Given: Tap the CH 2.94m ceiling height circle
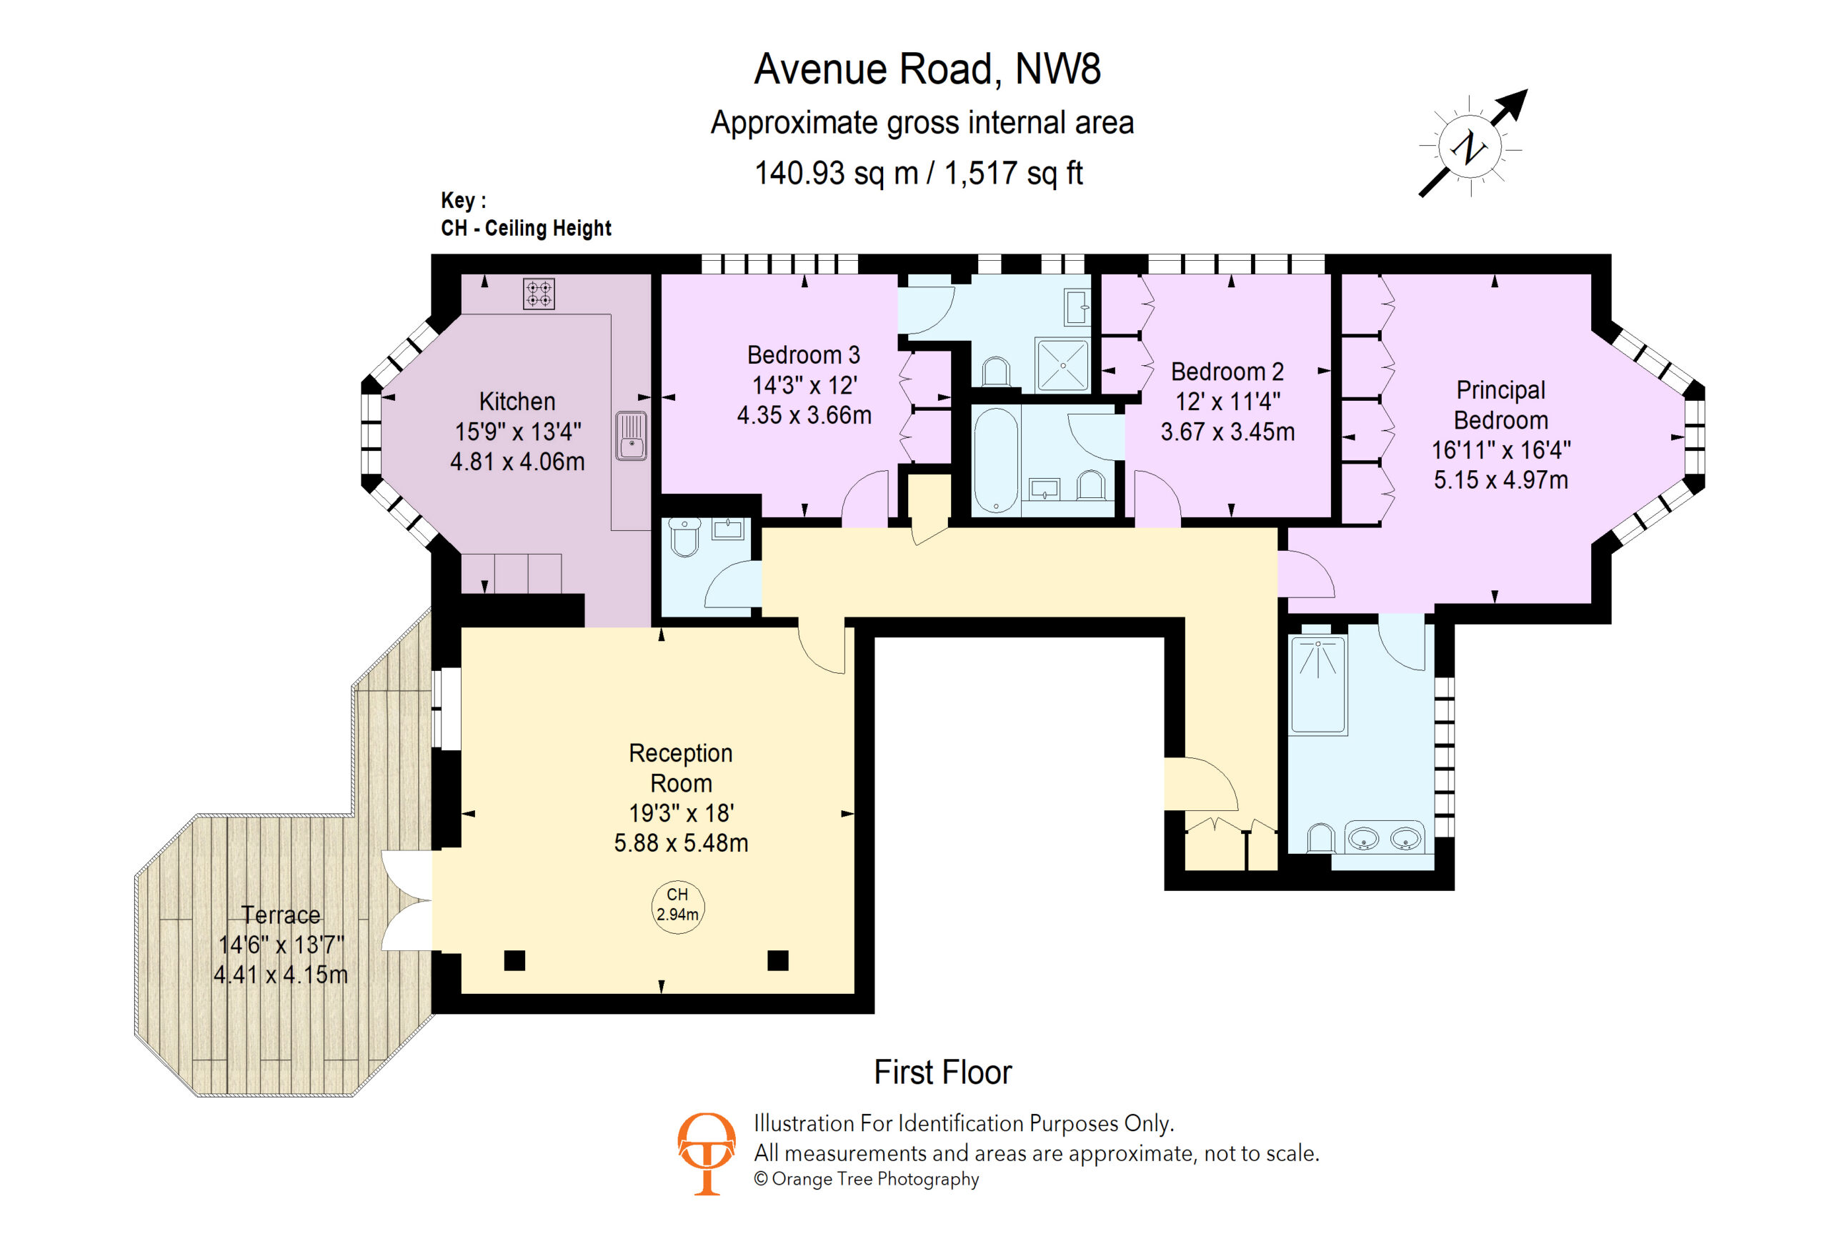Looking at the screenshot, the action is [677, 906].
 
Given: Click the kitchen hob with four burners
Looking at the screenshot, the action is [539, 294].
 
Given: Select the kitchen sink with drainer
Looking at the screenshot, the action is [630, 435].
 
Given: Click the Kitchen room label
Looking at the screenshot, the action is [517, 402].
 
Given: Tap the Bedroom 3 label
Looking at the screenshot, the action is [804, 355].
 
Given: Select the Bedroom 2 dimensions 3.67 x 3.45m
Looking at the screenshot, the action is [1227, 432].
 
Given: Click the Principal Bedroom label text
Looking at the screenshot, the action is [1501, 404].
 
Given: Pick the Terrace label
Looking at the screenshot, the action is [281, 915].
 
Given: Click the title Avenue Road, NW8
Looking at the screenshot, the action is [927, 69].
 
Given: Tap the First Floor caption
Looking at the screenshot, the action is [943, 1073].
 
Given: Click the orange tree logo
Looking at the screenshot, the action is [706, 1153].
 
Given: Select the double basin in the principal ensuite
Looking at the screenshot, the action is [1385, 838].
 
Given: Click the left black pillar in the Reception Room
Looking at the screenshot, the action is [514, 960].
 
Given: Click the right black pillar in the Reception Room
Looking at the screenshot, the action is [777, 960].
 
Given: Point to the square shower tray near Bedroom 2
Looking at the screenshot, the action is [1062, 364].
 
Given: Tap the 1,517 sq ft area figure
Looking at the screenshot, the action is [1014, 173].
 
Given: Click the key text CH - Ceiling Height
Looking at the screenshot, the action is [526, 228].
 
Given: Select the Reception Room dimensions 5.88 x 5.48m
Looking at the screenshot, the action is [681, 843].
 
